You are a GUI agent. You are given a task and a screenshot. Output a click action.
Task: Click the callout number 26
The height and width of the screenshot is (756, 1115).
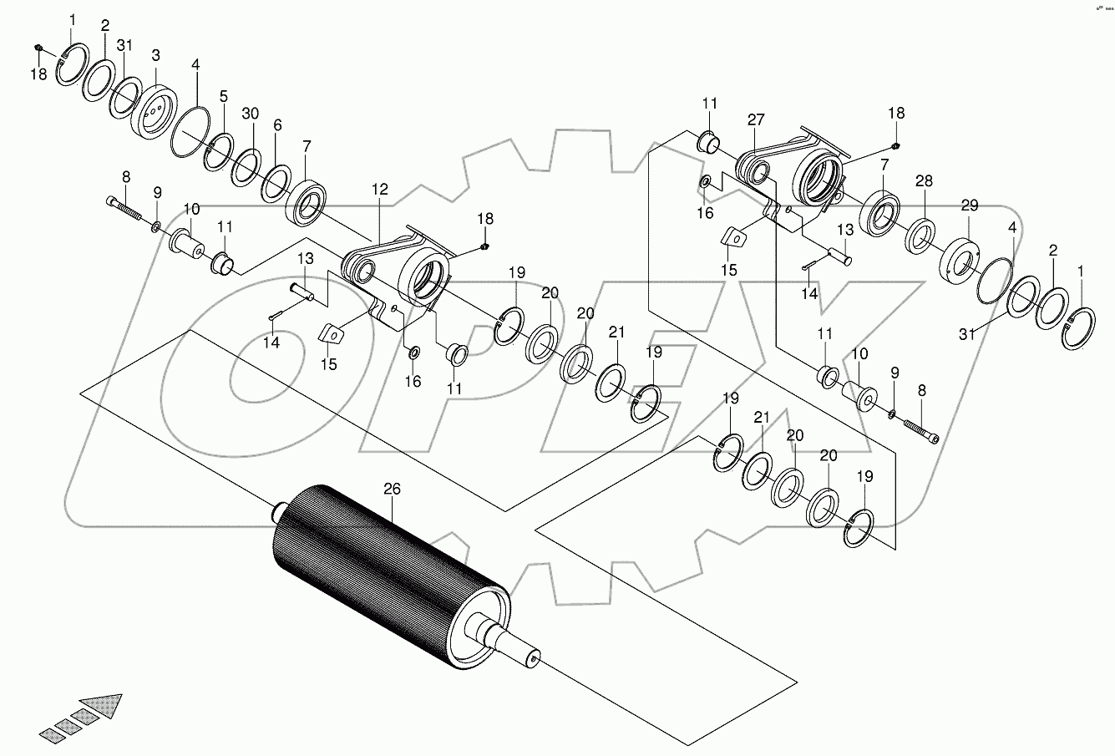coord(392,488)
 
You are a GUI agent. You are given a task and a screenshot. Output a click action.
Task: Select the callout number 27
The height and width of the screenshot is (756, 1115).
coord(756,120)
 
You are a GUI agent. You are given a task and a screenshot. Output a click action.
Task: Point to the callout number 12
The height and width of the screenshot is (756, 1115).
coord(380,190)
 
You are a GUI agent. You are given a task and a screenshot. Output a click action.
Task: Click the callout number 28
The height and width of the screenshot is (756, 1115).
coord(923,182)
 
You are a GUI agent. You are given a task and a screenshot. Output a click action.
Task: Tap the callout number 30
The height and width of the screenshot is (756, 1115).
coord(250,113)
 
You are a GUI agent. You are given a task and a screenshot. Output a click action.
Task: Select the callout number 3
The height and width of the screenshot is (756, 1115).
coord(156,55)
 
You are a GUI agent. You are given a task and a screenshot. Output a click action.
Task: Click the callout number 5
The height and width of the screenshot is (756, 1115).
coord(223,97)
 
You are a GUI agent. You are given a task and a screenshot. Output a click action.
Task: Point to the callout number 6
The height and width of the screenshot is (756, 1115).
coord(277,125)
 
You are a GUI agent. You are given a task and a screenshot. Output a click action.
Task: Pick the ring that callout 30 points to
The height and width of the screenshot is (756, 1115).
coord(247,166)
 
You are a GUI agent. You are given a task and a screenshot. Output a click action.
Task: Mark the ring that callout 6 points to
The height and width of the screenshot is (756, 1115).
coord(276,182)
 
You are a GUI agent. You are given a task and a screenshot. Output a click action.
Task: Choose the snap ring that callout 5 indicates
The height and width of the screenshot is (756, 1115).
coord(220,152)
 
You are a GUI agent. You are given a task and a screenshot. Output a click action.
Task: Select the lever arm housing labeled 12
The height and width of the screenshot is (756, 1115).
coord(401,276)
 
